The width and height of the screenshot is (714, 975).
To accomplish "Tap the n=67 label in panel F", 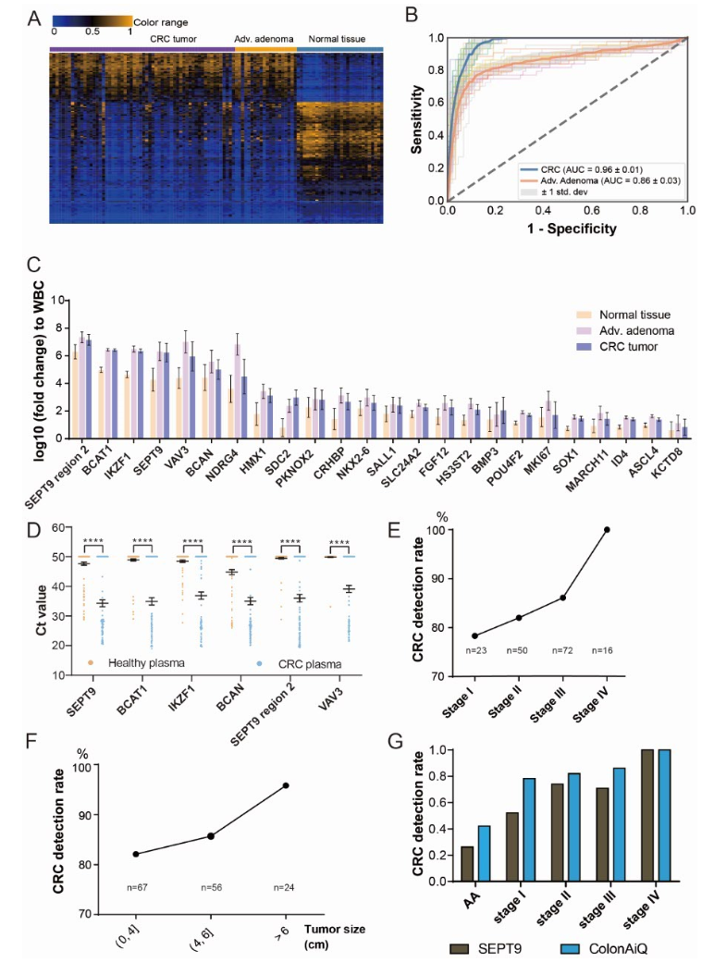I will tap(136, 888).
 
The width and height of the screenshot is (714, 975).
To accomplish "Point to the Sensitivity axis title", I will tap(418, 117).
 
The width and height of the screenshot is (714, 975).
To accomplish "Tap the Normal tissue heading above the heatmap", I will tap(339, 40).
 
